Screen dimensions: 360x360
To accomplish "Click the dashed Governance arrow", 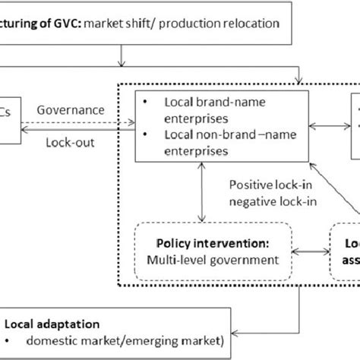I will tap(77, 120).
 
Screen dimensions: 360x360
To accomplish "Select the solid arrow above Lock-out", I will tap(77, 130).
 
